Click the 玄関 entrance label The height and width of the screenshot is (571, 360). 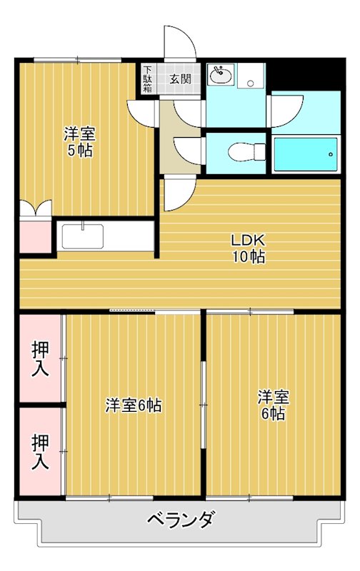point(180,79)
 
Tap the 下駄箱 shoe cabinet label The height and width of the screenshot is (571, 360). point(147,79)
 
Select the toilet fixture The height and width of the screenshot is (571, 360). point(246,151)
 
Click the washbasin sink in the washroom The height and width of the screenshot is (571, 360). point(221,74)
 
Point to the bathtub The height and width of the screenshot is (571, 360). point(306,154)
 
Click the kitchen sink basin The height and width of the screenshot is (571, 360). point(82,236)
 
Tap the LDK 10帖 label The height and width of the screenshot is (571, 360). point(249,248)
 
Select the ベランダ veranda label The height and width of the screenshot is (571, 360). point(181,519)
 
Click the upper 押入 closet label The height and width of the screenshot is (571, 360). point(40,359)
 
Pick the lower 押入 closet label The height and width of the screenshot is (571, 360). point(40,451)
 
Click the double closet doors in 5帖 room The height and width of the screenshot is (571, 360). point(35,208)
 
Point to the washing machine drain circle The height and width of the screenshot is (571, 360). point(250,84)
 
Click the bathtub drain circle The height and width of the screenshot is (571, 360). point(331,154)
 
